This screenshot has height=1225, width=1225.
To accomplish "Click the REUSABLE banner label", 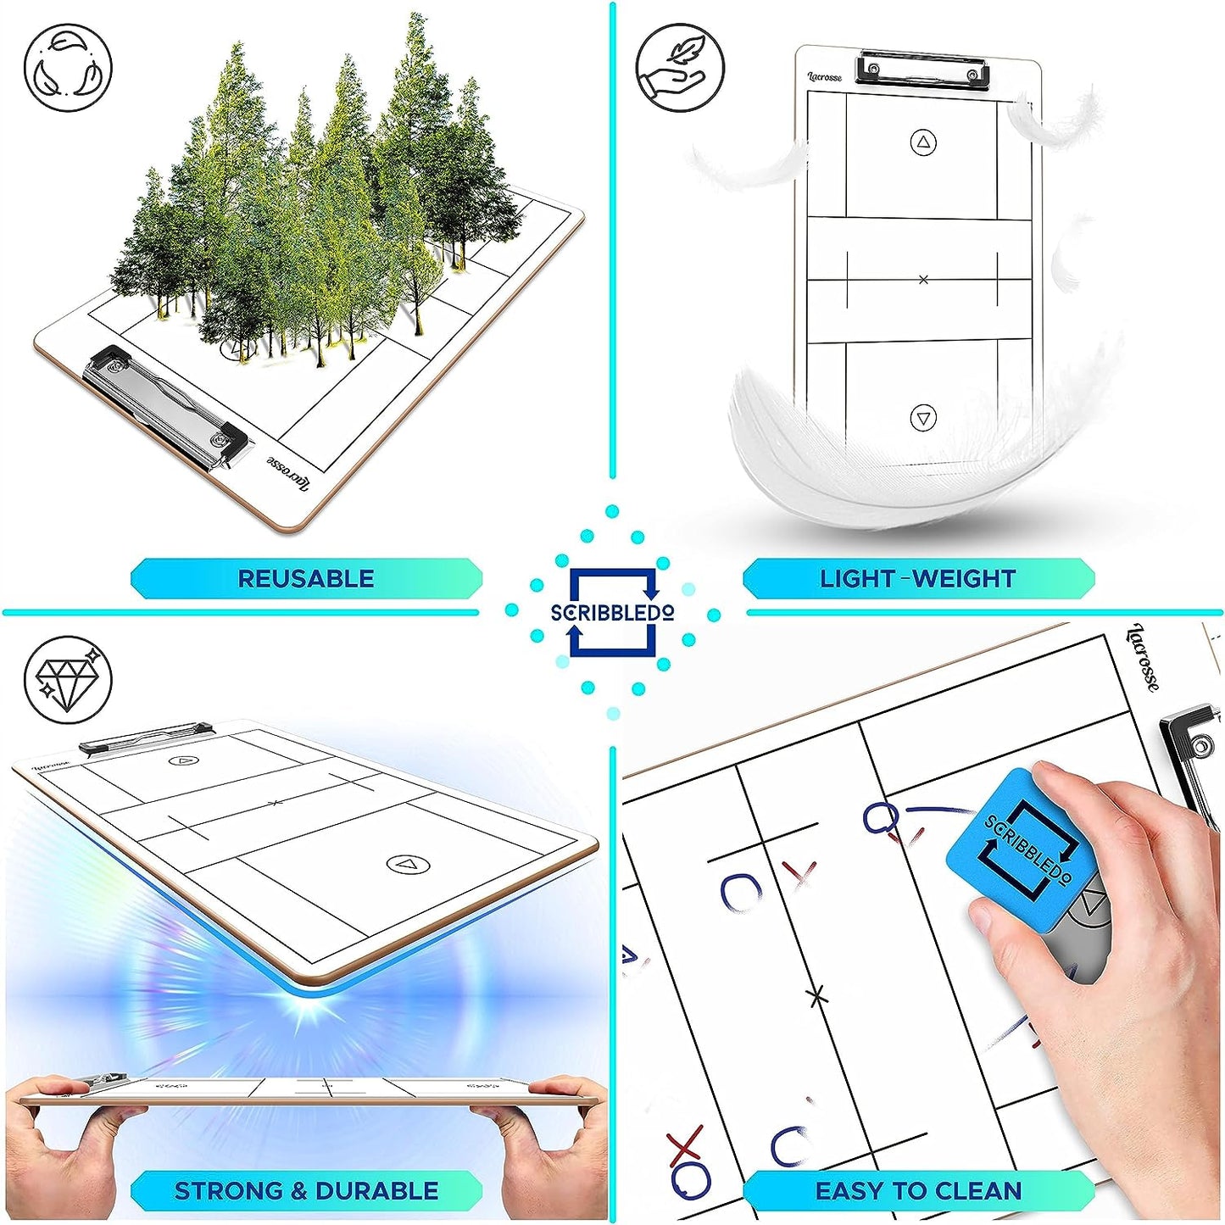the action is coord(306,578).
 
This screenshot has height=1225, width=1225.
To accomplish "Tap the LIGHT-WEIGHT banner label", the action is coord(917,578).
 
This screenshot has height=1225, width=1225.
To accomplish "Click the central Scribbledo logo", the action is coord(612,611).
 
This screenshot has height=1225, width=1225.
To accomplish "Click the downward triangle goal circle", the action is coord(924,418).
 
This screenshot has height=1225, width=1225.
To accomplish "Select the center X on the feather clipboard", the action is coord(923,279).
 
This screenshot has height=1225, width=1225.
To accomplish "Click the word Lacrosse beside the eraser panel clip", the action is coord(1143,657).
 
